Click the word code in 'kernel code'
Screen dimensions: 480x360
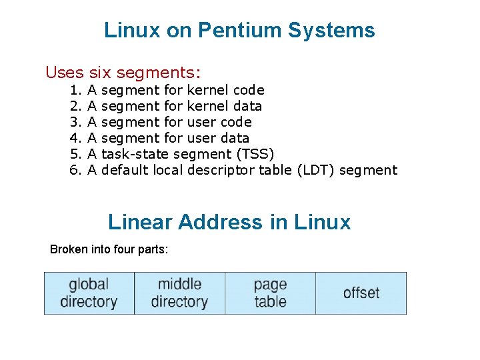tap(249, 90)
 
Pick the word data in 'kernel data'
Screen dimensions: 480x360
tap(247, 106)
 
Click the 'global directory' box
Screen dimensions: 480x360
tap(89, 293)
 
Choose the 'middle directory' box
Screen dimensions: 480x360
tap(179, 293)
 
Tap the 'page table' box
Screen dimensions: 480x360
tap(270, 293)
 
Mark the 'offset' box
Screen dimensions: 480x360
tap(361, 293)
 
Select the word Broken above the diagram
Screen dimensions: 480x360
tap(69, 250)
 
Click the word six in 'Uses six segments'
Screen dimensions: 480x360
tap(100, 72)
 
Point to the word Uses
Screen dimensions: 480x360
tap(64, 72)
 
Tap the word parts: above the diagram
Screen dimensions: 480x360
tap(153, 250)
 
